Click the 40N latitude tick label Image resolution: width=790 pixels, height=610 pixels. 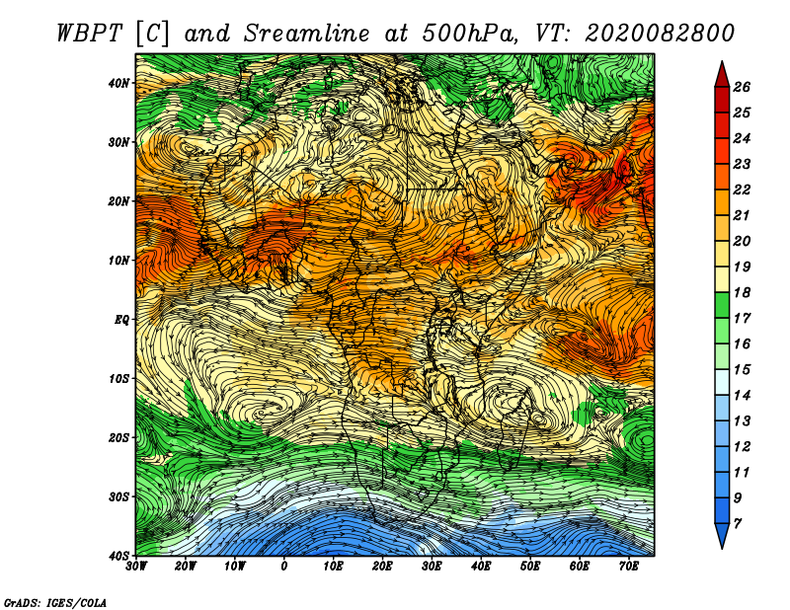click(118, 83)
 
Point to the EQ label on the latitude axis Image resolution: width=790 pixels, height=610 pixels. click(121, 320)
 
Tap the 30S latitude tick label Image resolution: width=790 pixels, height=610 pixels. click(118, 497)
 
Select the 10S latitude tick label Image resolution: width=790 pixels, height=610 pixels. click(118, 379)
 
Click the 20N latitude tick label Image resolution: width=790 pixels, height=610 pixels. click(118, 201)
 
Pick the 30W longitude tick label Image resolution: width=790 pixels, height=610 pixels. click(136, 567)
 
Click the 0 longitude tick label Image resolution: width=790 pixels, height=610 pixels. click(284, 567)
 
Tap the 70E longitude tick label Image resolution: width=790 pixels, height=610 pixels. click(628, 567)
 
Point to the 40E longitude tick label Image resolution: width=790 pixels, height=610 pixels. click(481, 567)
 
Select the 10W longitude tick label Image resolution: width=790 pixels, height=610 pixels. click(235, 567)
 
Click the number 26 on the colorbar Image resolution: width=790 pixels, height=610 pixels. click(742, 87)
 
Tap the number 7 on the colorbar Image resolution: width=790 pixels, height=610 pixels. click(737, 524)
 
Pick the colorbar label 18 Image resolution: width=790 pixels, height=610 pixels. click(742, 292)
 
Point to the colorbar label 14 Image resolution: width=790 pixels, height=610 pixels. click(742, 396)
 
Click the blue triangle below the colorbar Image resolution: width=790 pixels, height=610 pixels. click(722, 534)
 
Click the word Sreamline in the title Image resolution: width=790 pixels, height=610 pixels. click(307, 34)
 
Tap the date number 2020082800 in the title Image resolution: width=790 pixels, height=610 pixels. click(659, 34)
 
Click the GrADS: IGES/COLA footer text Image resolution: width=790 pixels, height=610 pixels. click(55, 602)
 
